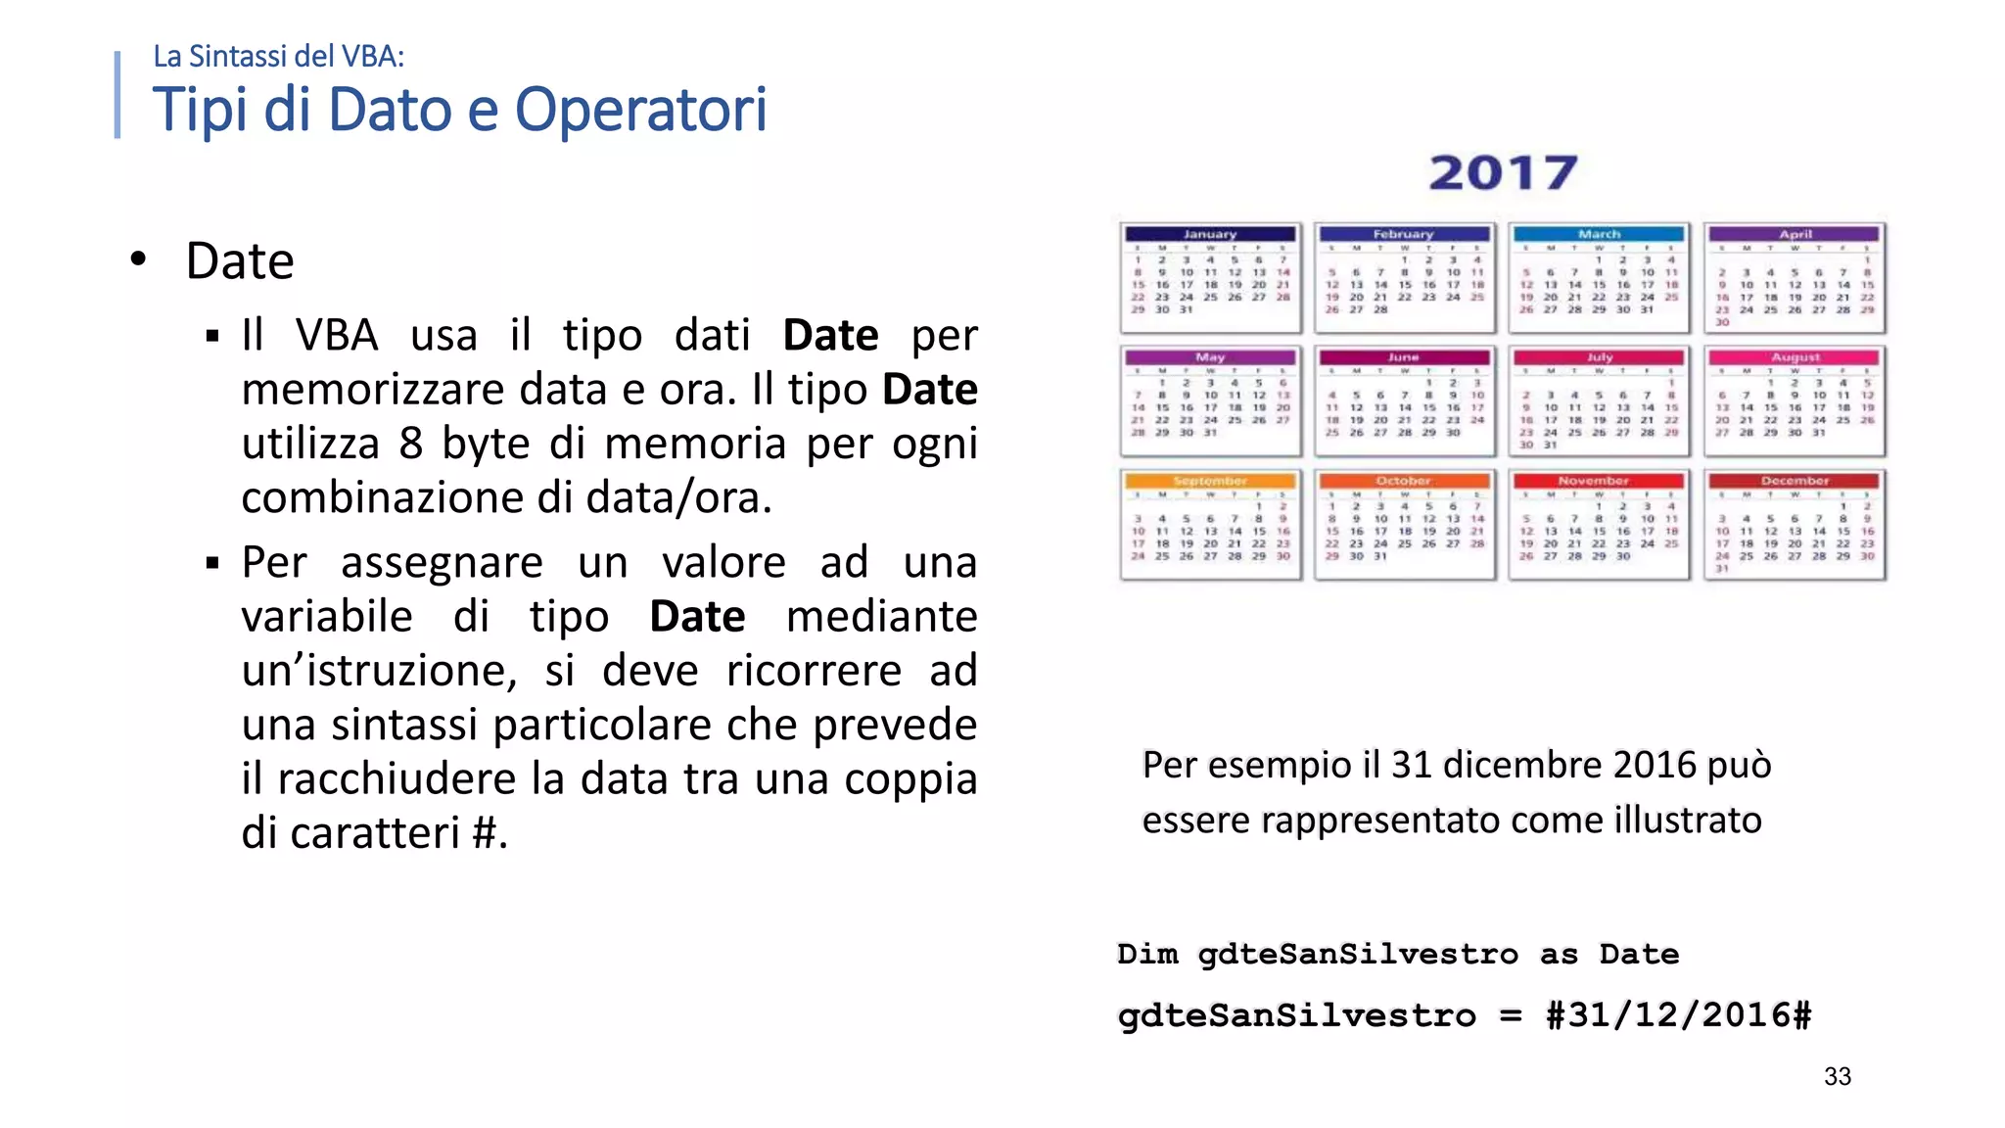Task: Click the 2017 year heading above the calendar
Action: [x=1503, y=173]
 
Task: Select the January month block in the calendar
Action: [x=1211, y=278]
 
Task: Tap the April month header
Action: [x=1795, y=234]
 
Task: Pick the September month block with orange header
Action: [x=1211, y=525]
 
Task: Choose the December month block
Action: [x=1795, y=525]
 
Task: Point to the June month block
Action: [x=1405, y=401]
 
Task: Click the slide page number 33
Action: [x=1838, y=1076]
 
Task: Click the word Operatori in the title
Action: [x=641, y=110]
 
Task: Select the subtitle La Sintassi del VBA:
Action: [x=278, y=57]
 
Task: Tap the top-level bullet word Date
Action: [x=240, y=261]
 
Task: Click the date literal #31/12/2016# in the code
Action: [x=1678, y=1014]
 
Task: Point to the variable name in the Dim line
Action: [x=1358, y=954]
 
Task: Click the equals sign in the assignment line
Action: [x=1511, y=1015]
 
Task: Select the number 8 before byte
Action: [x=411, y=444]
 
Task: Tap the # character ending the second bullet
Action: [x=485, y=833]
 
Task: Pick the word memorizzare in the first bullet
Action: [x=374, y=390]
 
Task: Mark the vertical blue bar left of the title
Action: [x=117, y=95]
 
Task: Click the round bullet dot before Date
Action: [x=139, y=259]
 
